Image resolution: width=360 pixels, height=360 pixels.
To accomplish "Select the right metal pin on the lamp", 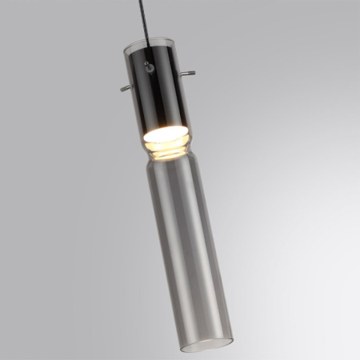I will click(186, 75).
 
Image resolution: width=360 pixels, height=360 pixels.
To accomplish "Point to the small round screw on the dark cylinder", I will click(150, 69).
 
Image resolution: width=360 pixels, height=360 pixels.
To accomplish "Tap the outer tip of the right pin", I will click(193, 74).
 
